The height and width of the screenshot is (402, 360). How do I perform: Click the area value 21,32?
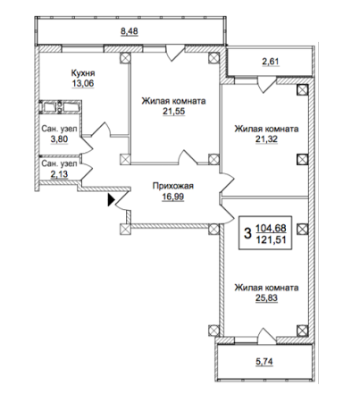click(266, 141)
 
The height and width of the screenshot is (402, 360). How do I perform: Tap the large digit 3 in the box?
click(247, 235)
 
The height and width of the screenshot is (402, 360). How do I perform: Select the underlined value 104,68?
click(275, 230)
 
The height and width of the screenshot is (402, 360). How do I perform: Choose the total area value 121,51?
click(275, 241)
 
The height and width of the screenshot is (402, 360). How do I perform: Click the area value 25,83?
click(266, 300)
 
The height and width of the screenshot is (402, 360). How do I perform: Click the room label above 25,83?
click(266, 288)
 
